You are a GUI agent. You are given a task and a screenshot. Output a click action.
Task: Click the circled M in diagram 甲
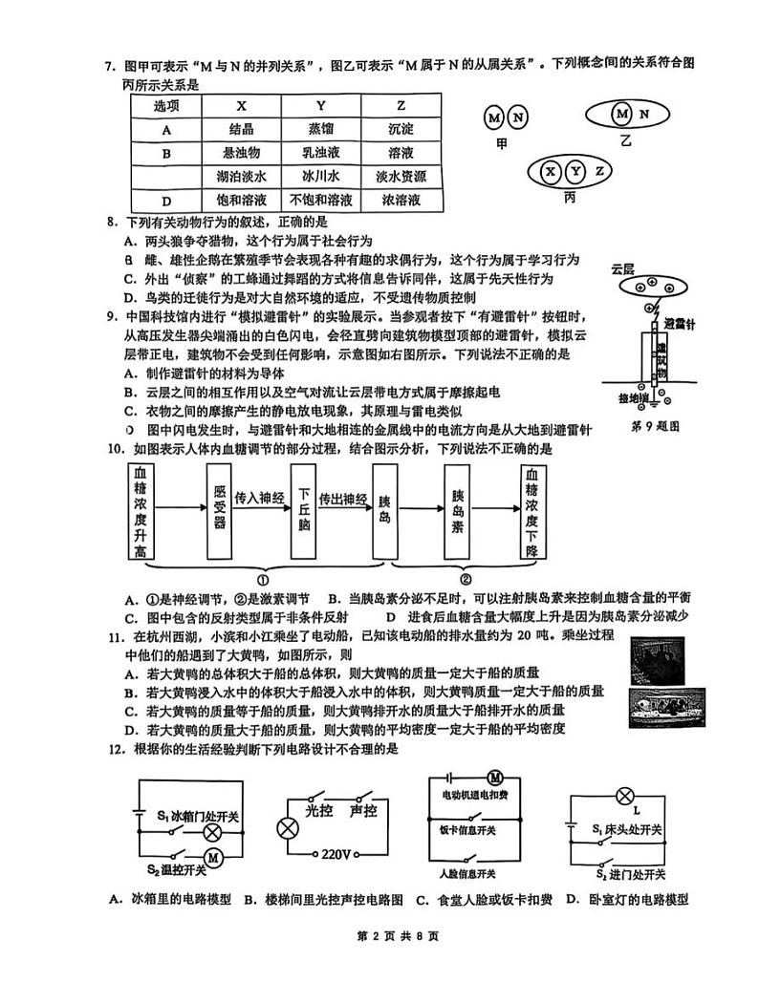494,118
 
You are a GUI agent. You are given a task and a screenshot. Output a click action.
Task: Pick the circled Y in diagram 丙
575,172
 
